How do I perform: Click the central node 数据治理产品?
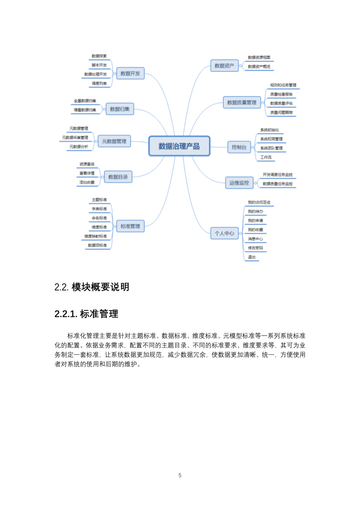click(179, 146)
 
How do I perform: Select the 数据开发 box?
click(130, 73)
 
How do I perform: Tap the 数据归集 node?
click(120, 109)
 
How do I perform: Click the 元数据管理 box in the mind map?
click(114, 141)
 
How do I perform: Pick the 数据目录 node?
click(118, 177)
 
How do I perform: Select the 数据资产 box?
click(224, 66)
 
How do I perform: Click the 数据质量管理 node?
click(242, 102)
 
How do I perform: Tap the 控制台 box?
click(239, 147)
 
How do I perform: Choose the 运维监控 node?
click(239, 183)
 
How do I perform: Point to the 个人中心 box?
click(224, 233)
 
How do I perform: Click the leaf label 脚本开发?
click(99, 65)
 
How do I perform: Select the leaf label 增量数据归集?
click(85, 109)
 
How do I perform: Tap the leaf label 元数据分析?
click(78, 146)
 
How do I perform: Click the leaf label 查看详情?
click(87, 173)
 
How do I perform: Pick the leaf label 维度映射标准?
click(96, 236)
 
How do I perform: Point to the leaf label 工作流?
click(266, 157)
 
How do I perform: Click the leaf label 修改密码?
click(255, 248)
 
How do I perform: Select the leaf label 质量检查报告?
click(281, 94)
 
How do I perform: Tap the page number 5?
click(180, 475)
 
